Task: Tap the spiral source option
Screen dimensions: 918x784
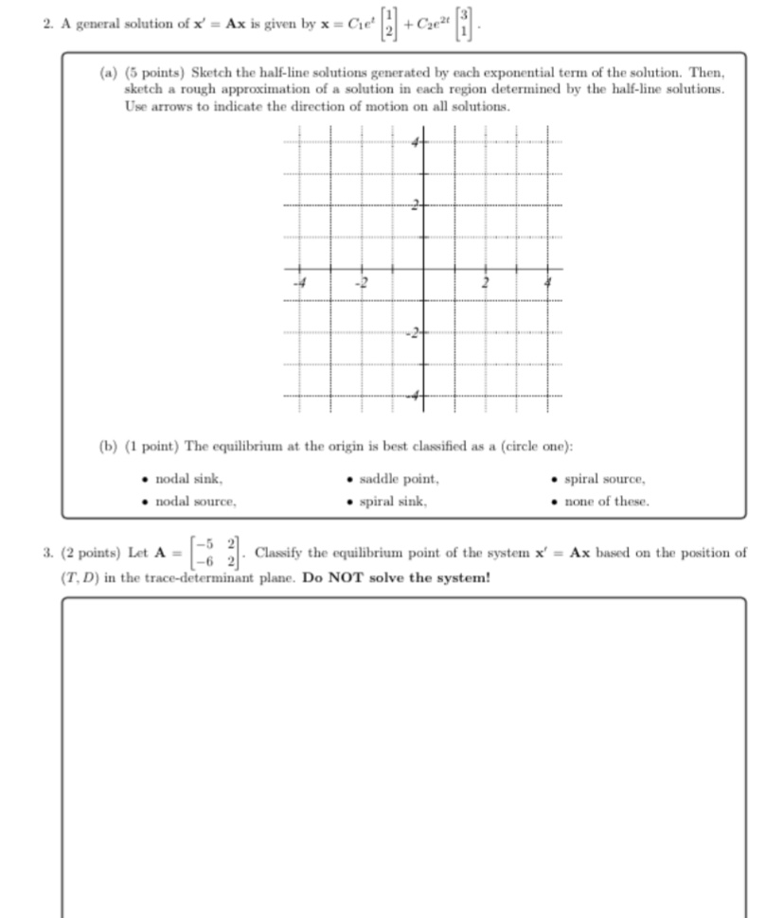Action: (604, 479)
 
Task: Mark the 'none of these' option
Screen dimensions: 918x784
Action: (606, 502)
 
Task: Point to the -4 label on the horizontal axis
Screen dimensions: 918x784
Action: (298, 281)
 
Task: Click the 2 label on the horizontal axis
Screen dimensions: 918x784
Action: (485, 281)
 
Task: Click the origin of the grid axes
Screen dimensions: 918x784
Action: (422, 269)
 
